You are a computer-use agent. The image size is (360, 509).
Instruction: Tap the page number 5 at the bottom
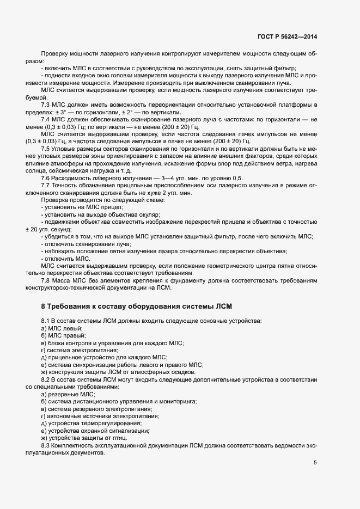pyautogui.click(x=315, y=463)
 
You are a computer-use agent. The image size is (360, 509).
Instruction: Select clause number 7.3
pyautogui.click(x=46, y=103)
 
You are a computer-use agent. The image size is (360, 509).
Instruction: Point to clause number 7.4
pyautogui.click(x=46, y=118)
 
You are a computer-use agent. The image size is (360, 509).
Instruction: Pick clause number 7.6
pyautogui.click(x=46, y=178)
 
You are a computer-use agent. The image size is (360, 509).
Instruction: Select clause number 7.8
pyautogui.click(x=46, y=280)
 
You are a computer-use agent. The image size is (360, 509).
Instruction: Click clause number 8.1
pyautogui.click(x=46, y=321)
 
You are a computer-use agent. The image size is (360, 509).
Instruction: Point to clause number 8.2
pyautogui.click(x=46, y=378)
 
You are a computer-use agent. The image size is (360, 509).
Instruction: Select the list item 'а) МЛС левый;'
pyautogui.click(x=62, y=328)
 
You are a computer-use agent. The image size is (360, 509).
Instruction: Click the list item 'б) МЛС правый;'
pyautogui.click(x=64, y=336)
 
